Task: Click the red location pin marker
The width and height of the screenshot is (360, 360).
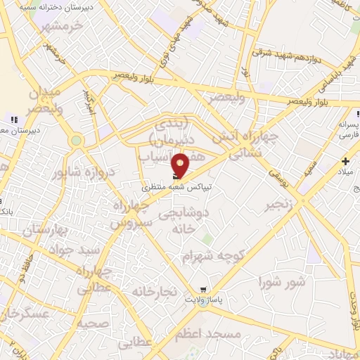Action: (181, 165)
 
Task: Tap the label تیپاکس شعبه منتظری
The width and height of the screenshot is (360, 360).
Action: (176, 188)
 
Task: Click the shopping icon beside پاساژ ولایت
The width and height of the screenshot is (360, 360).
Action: (203, 289)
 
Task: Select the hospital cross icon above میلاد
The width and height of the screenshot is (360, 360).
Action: (345, 161)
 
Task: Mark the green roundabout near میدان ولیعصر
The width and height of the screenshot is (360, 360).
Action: (76, 141)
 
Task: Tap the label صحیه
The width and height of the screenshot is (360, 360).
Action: (93, 324)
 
